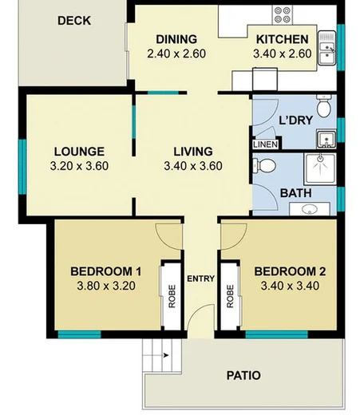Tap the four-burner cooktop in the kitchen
tap(283, 14)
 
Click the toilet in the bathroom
tap(266, 166)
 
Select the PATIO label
tap(243, 375)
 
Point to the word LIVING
tap(192, 151)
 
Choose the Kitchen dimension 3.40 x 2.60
tap(282, 54)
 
